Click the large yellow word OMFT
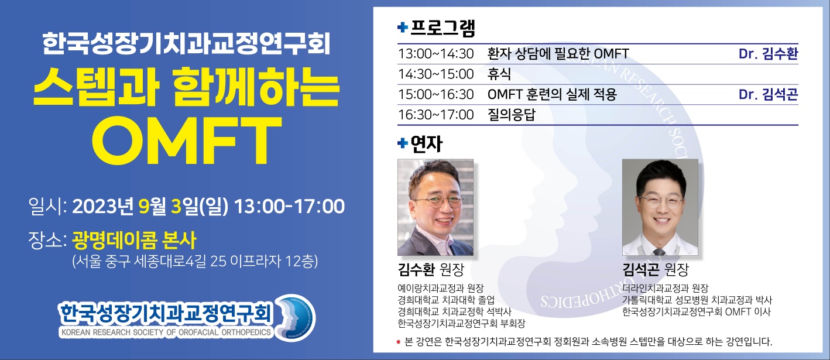187,140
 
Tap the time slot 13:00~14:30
435,54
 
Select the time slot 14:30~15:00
435,74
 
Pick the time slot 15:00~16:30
435,94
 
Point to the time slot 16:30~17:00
435,115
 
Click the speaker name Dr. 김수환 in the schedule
768,54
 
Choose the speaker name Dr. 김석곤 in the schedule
768,94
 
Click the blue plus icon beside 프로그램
402,27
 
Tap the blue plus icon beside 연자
402,143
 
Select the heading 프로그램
443,28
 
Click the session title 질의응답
512,115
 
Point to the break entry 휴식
499,74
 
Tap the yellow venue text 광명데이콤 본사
134,241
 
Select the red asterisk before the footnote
399,342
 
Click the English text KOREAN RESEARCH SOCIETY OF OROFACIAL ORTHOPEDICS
166,332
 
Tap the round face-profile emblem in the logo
296,318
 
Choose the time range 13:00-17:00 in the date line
289,207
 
